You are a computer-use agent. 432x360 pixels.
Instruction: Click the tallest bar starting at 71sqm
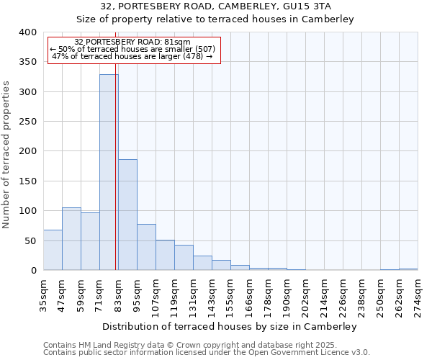coord(109,173)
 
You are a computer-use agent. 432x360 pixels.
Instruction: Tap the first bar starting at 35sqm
coord(53,250)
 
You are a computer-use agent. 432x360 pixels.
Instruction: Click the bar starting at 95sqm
coord(146,247)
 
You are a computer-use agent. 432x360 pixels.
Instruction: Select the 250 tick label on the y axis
coord(27,122)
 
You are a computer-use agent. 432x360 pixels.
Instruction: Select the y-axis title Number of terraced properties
coord(6,154)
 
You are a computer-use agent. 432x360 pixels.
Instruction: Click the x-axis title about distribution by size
coord(230,326)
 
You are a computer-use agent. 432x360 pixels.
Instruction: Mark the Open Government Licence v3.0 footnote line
coord(207,352)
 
